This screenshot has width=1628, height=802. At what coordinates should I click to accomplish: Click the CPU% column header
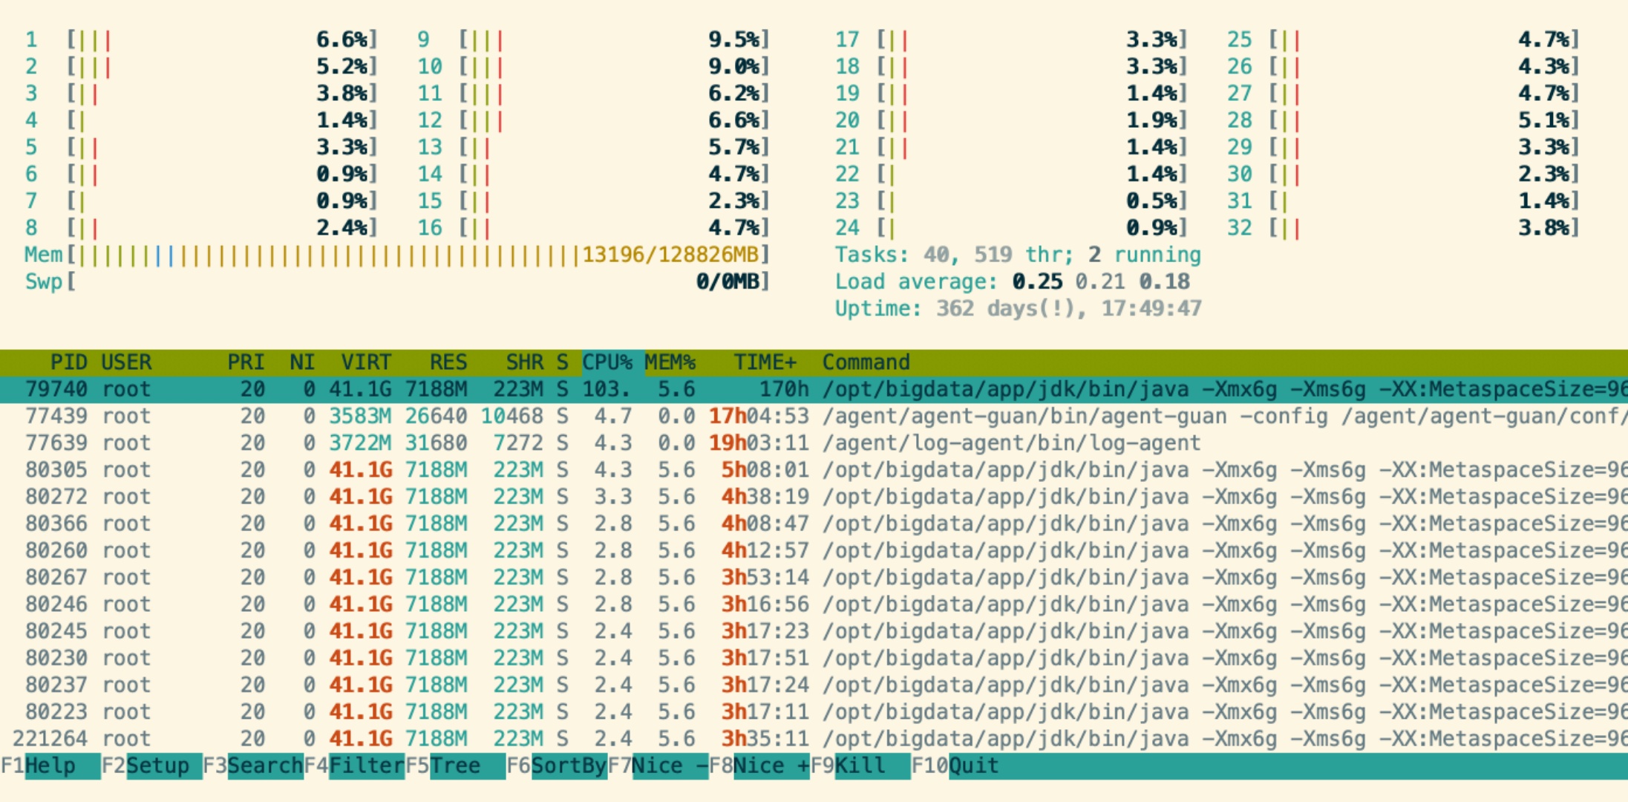[607, 362]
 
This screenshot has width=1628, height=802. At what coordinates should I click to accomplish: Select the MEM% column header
[670, 362]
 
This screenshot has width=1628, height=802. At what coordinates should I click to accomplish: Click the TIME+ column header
[765, 362]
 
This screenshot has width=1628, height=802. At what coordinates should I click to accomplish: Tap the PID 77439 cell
[56, 416]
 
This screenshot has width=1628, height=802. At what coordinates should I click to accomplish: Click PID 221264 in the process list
[50, 739]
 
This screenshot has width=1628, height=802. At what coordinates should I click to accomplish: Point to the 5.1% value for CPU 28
[1543, 120]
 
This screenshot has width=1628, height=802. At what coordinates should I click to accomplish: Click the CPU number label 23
[847, 201]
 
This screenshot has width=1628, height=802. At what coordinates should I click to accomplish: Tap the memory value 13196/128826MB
[670, 255]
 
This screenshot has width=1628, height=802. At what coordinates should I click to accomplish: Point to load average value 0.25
[1037, 282]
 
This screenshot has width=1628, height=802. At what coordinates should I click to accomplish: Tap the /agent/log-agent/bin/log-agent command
[1011, 443]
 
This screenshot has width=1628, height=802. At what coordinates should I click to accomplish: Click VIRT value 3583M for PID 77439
[360, 416]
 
